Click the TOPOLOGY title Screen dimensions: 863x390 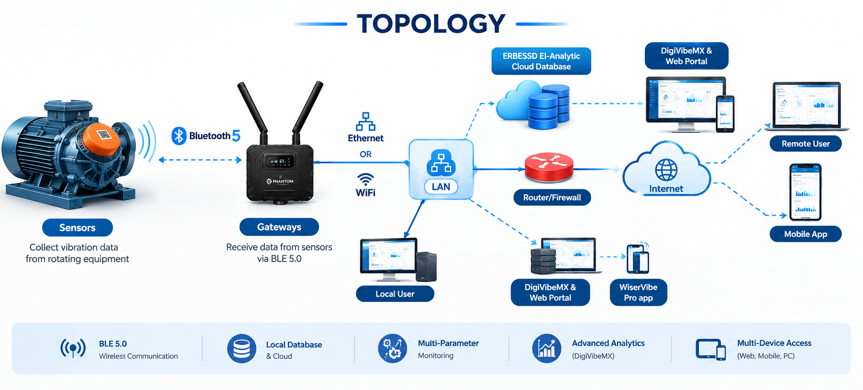tap(431, 24)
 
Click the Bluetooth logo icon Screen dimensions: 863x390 tap(179, 136)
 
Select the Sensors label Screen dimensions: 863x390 tap(77, 228)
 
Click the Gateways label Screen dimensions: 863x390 tap(279, 227)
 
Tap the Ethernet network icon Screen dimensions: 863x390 tap(366, 122)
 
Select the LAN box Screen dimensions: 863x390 tap(441, 169)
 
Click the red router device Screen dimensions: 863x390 tap(549, 167)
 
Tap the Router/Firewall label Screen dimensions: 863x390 tap(552, 198)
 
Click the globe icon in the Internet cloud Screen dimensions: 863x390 tap(666, 170)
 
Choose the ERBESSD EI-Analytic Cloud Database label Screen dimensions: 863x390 tap(541, 61)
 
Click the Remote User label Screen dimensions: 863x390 tap(806, 144)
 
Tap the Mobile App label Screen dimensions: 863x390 tap(806, 234)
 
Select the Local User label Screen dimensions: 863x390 tap(395, 294)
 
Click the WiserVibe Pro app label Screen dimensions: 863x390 tap(638, 292)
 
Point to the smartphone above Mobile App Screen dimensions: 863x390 tap(806, 192)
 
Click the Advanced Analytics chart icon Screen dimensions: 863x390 tap(547, 348)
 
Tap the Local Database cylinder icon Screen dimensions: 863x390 tap(242, 348)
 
